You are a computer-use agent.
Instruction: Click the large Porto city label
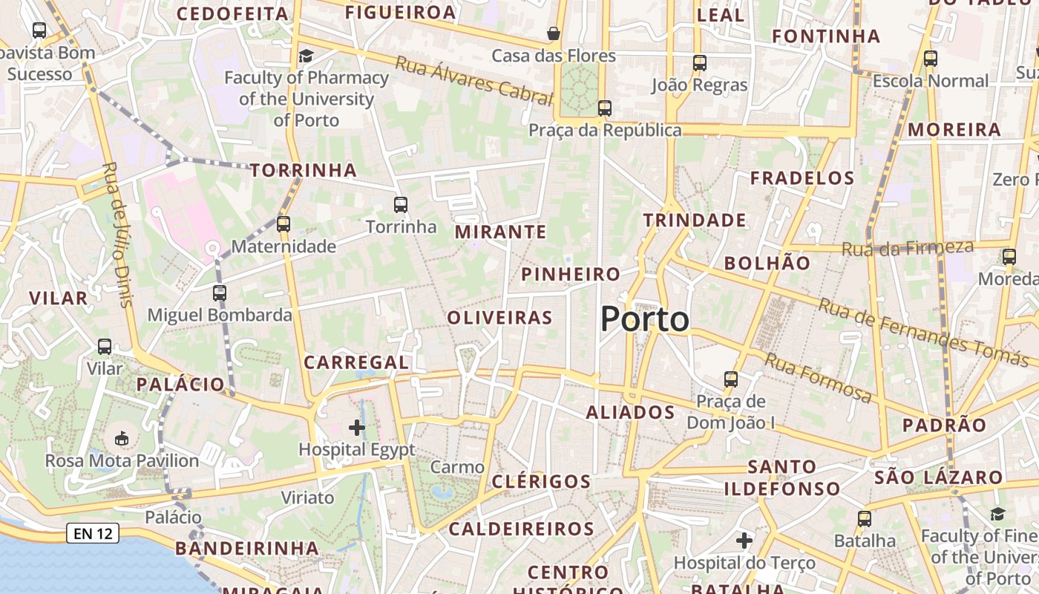click(x=644, y=319)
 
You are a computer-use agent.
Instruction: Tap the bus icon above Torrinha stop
click(x=401, y=204)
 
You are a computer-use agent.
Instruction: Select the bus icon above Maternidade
click(x=283, y=223)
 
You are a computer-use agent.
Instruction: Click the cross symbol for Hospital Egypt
click(x=357, y=427)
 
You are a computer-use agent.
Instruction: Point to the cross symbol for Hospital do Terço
click(x=744, y=541)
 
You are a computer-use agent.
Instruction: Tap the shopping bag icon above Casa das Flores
click(x=553, y=33)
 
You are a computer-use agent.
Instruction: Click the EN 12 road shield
click(x=93, y=532)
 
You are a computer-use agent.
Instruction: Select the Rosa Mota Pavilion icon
click(x=122, y=438)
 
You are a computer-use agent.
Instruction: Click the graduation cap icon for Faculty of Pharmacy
click(x=306, y=56)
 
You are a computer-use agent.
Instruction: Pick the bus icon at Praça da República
click(x=605, y=108)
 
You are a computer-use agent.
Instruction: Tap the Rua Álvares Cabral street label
click(x=474, y=80)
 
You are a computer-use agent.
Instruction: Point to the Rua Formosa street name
click(x=818, y=377)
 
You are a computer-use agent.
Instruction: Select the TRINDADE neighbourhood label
click(x=695, y=221)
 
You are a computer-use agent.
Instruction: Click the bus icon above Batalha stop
click(x=865, y=519)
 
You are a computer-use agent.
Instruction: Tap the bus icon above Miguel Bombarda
click(x=220, y=293)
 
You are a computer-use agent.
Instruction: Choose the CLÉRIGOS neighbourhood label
click(x=541, y=481)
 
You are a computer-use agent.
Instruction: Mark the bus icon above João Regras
click(x=700, y=63)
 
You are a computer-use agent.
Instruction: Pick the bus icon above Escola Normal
click(x=931, y=59)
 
